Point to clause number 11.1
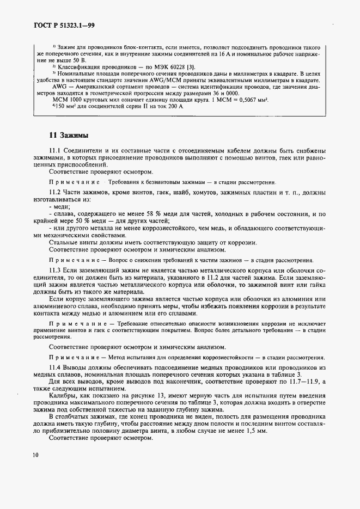click(x=56, y=151)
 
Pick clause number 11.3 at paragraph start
click(x=56, y=270)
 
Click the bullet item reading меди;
click(x=60, y=207)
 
